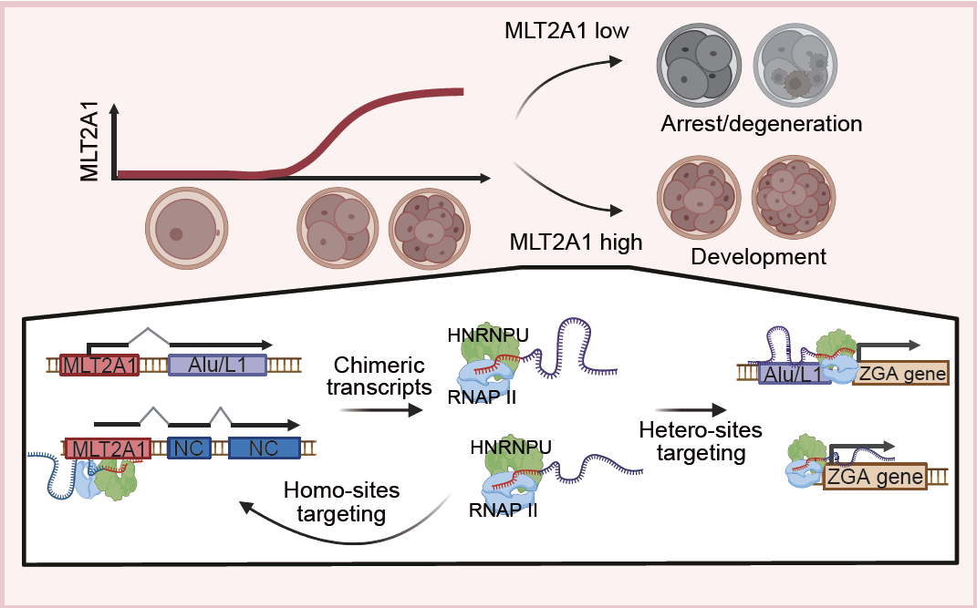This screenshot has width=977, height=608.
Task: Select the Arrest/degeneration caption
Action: pyautogui.click(x=761, y=122)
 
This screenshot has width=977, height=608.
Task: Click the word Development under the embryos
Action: pyautogui.click(x=758, y=256)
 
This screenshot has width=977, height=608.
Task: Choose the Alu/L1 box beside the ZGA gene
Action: pyautogui.click(x=794, y=373)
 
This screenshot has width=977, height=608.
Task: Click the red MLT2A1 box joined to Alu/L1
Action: pyautogui.click(x=99, y=366)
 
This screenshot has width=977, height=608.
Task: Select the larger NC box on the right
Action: pyautogui.click(x=264, y=448)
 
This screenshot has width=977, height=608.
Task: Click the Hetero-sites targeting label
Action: pyautogui.click(x=685, y=442)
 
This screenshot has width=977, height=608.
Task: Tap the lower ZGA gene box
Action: pyautogui.click(x=875, y=477)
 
